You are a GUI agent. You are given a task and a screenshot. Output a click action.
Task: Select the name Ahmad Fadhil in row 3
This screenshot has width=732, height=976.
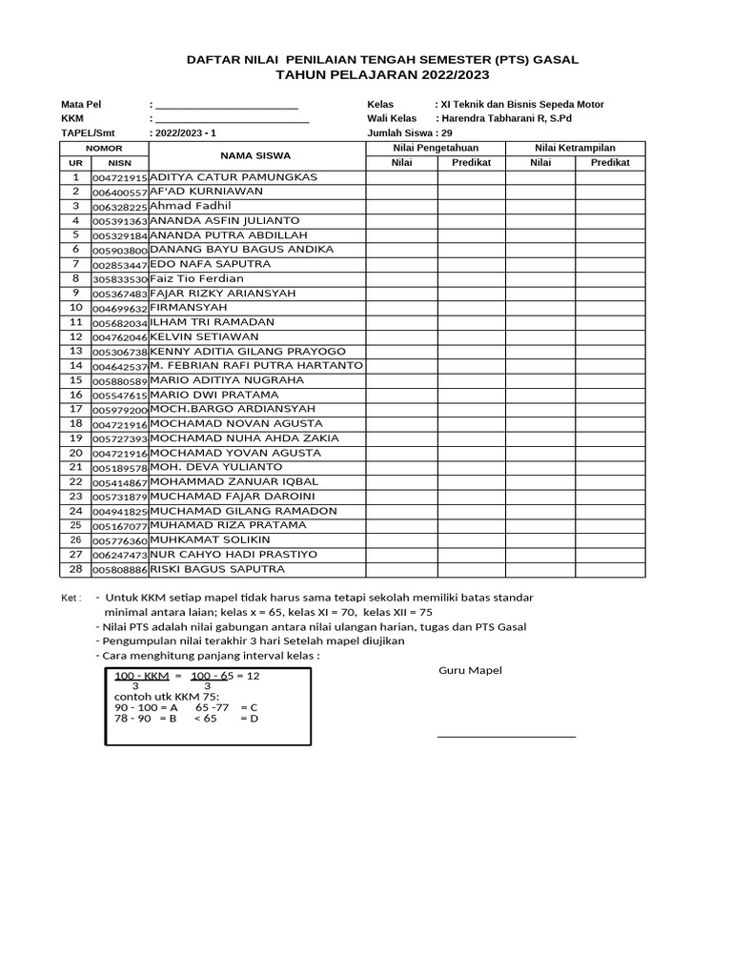pyautogui.click(x=192, y=206)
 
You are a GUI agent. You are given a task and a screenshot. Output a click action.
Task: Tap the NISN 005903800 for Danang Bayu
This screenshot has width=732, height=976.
pyautogui.click(x=120, y=250)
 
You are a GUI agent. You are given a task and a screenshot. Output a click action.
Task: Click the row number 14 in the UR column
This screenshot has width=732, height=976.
pyautogui.click(x=75, y=366)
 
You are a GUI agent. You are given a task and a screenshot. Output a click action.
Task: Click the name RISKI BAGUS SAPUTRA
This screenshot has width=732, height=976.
pyautogui.click(x=217, y=569)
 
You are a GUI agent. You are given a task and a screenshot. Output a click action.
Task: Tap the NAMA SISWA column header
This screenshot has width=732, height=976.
pyautogui.click(x=255, y=155)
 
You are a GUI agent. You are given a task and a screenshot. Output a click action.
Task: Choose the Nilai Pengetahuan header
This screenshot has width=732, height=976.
pyautogui.click(x=436, y=148)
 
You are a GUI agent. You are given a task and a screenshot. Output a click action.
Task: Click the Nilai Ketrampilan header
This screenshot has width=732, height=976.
pyautogui.click(x=575, y=148)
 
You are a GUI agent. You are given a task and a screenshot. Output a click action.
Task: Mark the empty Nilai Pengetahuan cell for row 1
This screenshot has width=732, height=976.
pyautogui.click(x=403, y=177)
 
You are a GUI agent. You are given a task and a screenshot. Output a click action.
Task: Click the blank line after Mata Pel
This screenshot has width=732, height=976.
pyautogui.click(x=227, y=105)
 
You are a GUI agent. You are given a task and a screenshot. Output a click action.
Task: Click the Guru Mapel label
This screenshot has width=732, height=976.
pyautogui.click(x=470, y=670)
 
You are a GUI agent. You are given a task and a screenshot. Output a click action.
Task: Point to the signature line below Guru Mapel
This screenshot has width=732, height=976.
pyautogui.click(x=506, y=736)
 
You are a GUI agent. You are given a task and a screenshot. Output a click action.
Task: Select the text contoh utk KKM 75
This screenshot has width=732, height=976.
pyautogui.click(x=166, y=697)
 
